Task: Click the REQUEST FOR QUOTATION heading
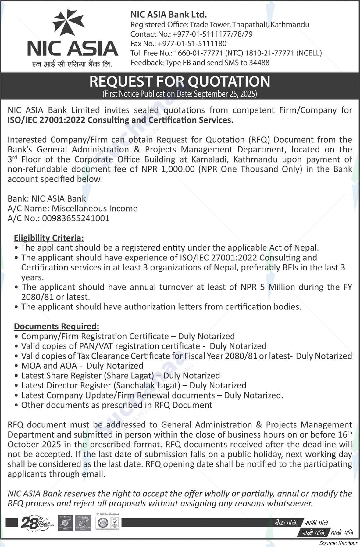click(x=180, y=82)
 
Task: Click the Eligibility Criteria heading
click(x=49, y=238)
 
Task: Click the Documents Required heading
click(x=56, y=326)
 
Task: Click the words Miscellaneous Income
click(x=94, y=209)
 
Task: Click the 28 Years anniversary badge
click(x=36, y=523)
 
